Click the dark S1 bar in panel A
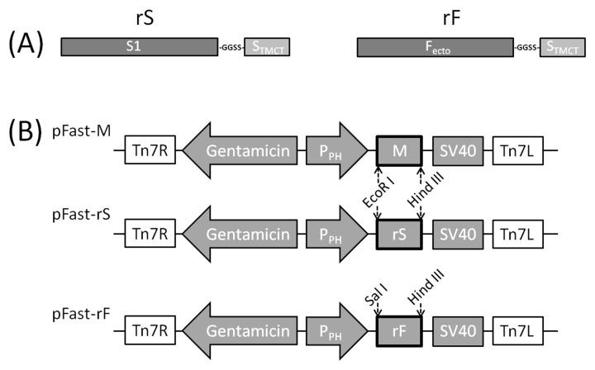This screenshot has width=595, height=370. pos(139,47)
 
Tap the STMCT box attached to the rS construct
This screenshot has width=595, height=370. pos(271,47)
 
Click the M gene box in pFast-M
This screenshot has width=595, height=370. pos(400,151)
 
